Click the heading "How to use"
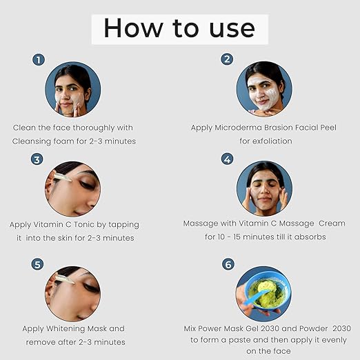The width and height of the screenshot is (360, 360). click(179, 28)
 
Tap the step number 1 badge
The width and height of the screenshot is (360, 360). click(39, 60)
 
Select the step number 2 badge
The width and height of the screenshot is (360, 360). click(227, 59)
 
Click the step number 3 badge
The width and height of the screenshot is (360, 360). click(37, 159)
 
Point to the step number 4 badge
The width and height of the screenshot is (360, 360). click(227, 159)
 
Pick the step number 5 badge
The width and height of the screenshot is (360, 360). click(38, 264)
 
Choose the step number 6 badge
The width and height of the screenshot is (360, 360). click(227, 264)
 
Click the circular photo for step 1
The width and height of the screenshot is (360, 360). click(72, 89)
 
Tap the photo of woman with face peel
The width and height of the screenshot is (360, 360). click(264, 89)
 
